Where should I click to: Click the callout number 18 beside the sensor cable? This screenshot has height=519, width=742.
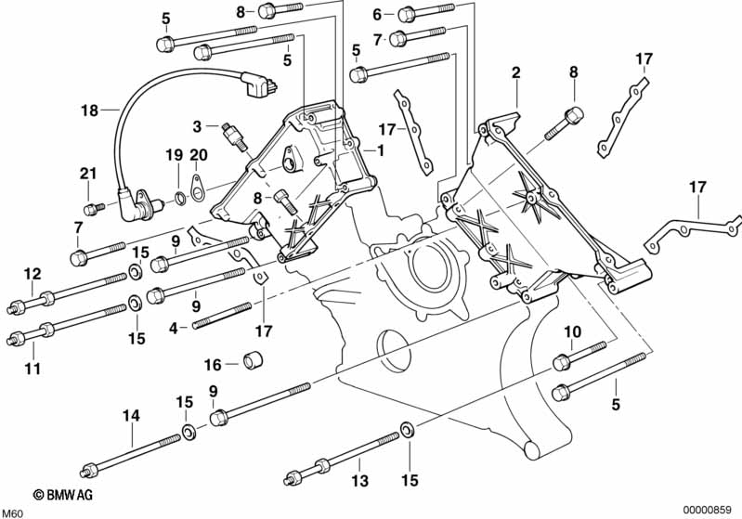pos(88,110)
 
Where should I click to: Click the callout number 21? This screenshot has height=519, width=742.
pos(87,175)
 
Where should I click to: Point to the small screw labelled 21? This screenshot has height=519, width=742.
pos(90,207)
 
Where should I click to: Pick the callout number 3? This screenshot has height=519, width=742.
pos(197,126)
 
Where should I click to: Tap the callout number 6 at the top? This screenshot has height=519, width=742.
pos(377,14)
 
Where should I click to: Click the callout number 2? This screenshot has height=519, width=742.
pos(515,71)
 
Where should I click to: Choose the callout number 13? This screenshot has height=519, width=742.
pos(360,481)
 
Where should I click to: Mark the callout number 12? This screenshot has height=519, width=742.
pos(33,274)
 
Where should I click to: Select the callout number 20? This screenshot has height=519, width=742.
pos(198,154)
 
